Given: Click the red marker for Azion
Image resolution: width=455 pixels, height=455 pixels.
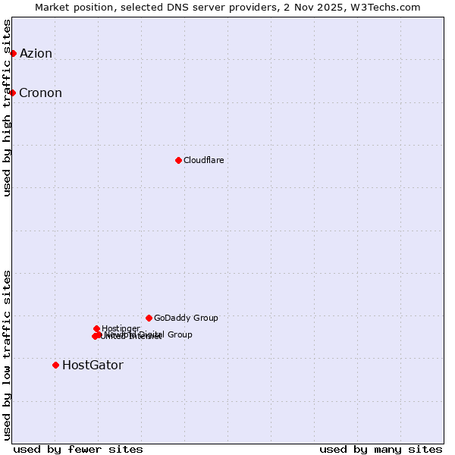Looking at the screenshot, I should [x=13, y=53].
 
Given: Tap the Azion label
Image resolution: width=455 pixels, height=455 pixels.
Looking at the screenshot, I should [x=36, y=53].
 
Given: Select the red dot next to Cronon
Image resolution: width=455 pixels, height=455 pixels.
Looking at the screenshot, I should [x=13, y=93].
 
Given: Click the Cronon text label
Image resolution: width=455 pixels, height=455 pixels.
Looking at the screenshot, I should [x=40, y=93].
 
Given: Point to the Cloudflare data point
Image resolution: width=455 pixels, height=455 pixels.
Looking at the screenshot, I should [x=178, y=160].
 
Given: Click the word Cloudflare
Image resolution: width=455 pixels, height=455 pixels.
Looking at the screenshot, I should [x=203, y=160].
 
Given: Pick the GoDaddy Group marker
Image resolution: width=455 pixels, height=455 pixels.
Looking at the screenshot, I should [x=149, y=318].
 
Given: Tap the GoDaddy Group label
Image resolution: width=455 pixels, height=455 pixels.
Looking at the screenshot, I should [x=186, y=318].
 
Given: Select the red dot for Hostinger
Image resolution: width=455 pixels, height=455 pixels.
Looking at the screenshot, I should [x=96, y=328].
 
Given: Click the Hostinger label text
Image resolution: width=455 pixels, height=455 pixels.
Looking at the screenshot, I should [x=121, y=328].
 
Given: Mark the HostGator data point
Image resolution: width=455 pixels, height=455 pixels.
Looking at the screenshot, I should [x=55, y=365].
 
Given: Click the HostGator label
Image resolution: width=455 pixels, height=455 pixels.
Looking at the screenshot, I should [x=93, y=366].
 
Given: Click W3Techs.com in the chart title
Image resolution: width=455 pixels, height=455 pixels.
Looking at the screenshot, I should [x=390, y=7].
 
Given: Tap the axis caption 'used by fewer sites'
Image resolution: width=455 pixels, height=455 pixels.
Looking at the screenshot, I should [x=78, y=449].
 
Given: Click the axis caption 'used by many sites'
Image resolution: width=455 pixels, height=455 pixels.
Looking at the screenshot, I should [x=381, y=449].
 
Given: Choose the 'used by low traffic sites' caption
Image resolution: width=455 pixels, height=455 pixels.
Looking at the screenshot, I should [x=7, y=354].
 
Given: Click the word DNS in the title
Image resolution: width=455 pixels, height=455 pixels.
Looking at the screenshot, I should [x=174, y=7].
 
